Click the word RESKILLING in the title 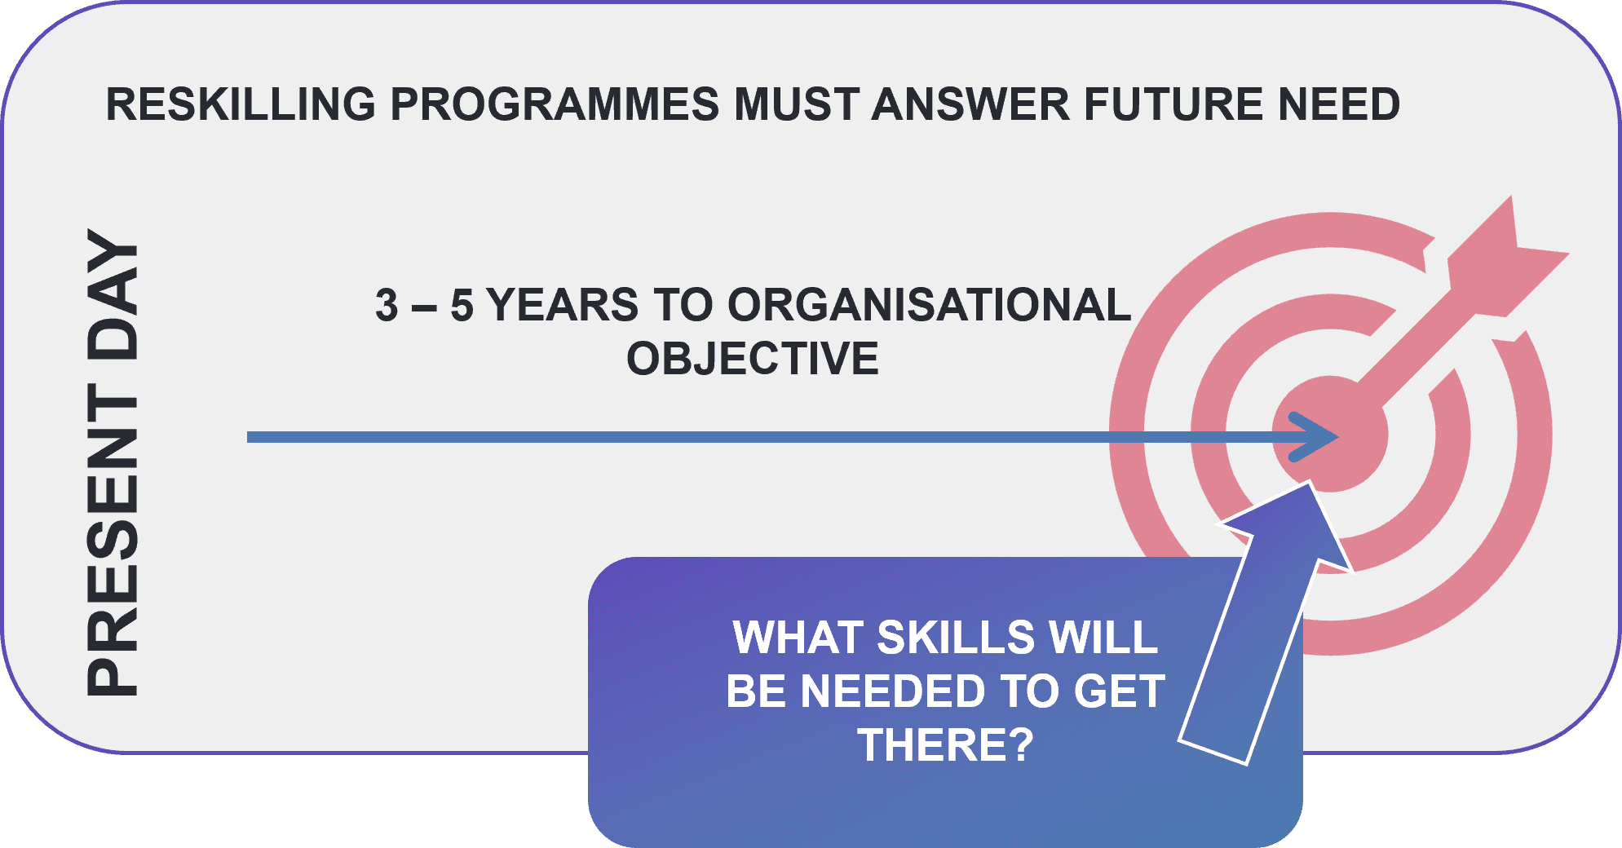(x=241, y=104)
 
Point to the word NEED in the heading (x=1338, y=104)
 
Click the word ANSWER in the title (x=970, y=104)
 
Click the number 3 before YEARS (x=387, y=305)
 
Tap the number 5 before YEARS (x=462, y=305)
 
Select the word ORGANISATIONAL (x=929, y=305)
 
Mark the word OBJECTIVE (x=753, y=359)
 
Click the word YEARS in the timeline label (x=563, y=305)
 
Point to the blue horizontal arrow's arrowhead (x=1313, y=438)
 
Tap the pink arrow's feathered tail (x=1509, y=261)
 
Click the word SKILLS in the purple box (x=955, y=638)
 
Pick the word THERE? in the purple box (x=945, y=745)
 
